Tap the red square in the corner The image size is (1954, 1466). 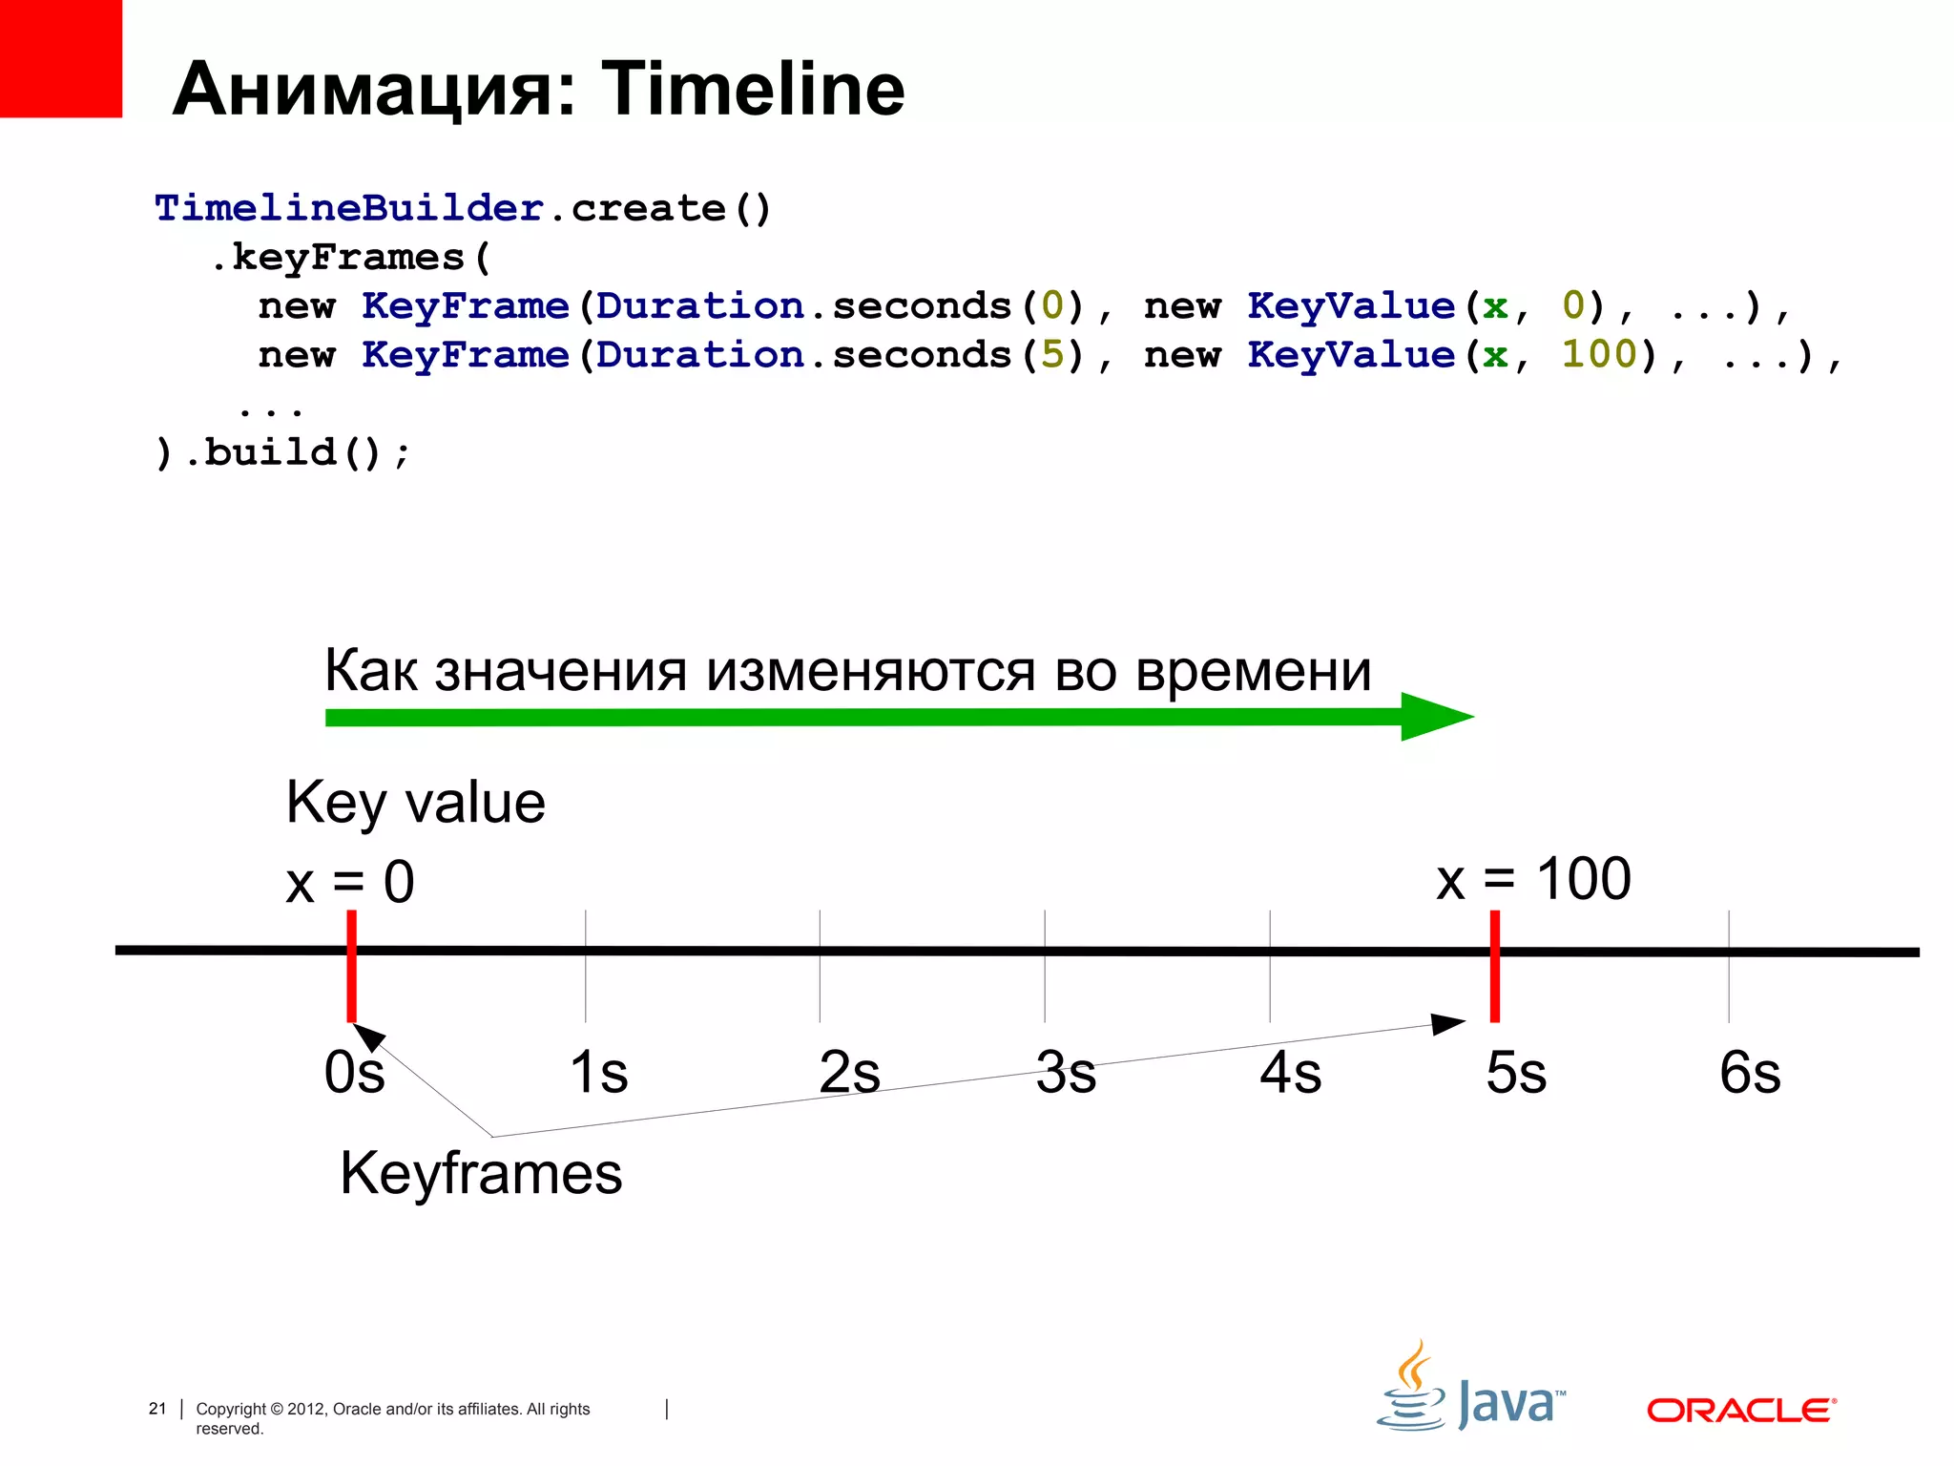[x=60, y=57]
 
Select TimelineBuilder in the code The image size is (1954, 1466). [x=348, y=208]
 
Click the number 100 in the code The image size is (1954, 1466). [x=1599, y=354]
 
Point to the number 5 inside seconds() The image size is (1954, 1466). [x=1052, y=354]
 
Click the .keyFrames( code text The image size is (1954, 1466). [x=350, y=257]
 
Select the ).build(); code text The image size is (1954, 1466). [x=282, y=452]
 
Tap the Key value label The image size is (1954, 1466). [x=415, y=802]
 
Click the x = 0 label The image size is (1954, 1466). [x=350, y=881]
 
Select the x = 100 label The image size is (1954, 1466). [x=1533, y=878]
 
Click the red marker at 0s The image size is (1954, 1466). [x=352, y=966]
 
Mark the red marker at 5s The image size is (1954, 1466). [x=1495, y=966]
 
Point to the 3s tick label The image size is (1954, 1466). [x=1066, y=1073]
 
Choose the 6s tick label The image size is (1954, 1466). [x=1750, y=1073]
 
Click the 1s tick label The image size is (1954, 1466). [x=599, y=1073]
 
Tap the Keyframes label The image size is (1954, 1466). [x=481, y=1173]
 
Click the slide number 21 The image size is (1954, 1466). [x=157, y=1409]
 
